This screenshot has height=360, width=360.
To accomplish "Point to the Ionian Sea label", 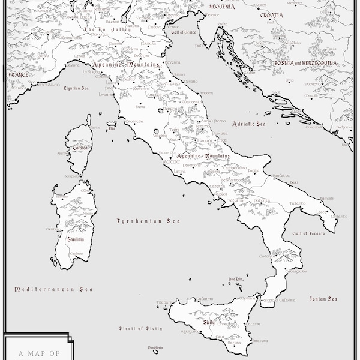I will click(323, 298).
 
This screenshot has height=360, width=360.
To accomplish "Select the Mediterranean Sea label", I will click(54, 289).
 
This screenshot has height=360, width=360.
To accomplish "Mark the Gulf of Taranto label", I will click(308, 233).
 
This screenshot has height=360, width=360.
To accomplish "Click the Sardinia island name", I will click(76, 239).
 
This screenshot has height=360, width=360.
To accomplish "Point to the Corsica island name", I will click(80, 148).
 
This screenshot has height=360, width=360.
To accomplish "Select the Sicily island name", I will click(208, 322).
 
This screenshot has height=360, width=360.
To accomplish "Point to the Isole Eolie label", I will click(235, 280).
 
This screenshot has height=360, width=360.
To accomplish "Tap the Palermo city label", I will click(203, 299).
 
